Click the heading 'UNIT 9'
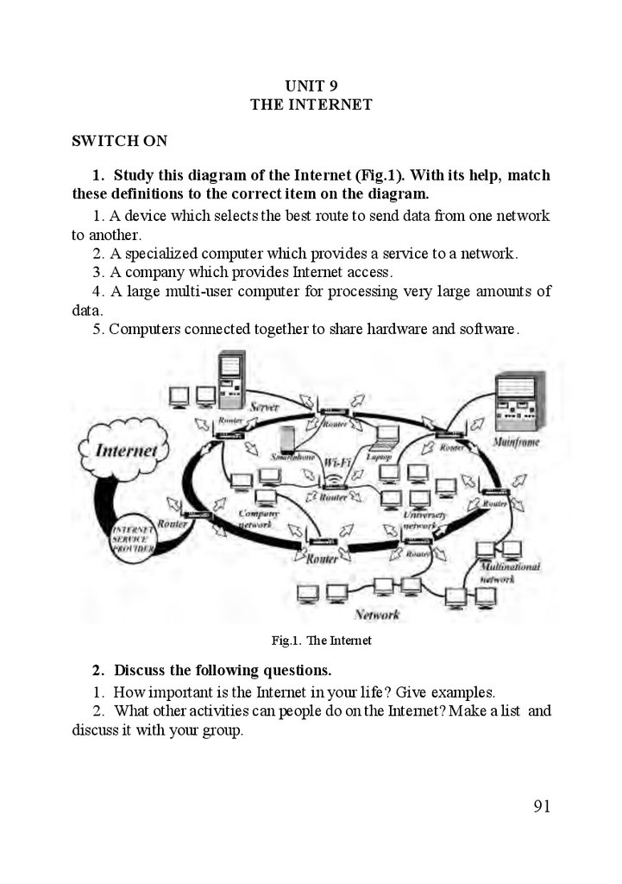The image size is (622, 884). (x=311, y=85)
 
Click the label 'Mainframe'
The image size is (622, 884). (x=518, y=442)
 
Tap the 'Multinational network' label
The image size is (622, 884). (x=510, y=573)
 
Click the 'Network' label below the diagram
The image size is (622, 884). (x=377, y=615)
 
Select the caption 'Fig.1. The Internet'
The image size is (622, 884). (x=321, y=641)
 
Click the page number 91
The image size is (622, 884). (x=542, y=806)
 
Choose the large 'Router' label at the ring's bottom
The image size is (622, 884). (x=322, y=559)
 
